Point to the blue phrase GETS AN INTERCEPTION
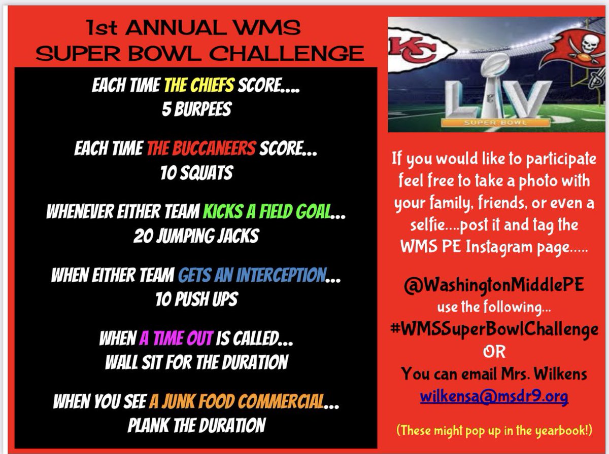point(251,276)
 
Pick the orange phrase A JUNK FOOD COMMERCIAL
point(236,402)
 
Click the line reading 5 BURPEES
point(196,108)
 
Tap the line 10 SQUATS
point(196,173)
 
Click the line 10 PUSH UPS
point(196,300)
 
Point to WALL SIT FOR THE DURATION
point(196,362)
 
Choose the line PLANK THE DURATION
point(196,425)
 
